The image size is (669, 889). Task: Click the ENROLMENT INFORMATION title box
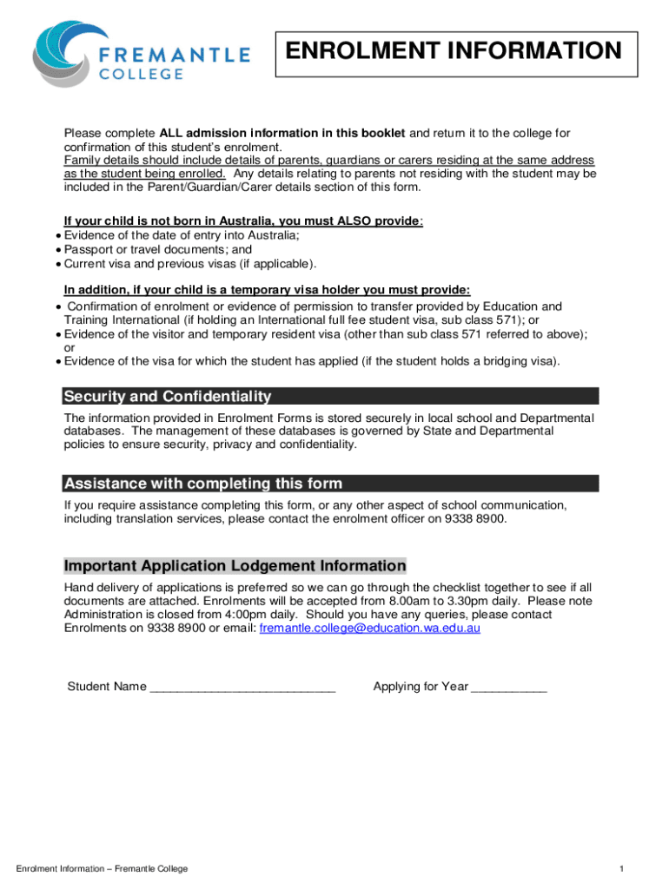(456, 52)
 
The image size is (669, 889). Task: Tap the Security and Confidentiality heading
(168, 397)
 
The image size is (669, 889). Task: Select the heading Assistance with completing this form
(203, 484)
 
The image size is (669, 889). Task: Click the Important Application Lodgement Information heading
(235, 566)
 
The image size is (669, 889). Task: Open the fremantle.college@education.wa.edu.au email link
(370, 627)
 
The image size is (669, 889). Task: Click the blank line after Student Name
(242, 688)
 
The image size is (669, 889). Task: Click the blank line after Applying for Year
(509, 688)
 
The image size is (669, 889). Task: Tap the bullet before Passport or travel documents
(57, 249)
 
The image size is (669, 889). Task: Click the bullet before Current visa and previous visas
(57, 263)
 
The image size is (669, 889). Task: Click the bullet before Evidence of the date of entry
(57, 235)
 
